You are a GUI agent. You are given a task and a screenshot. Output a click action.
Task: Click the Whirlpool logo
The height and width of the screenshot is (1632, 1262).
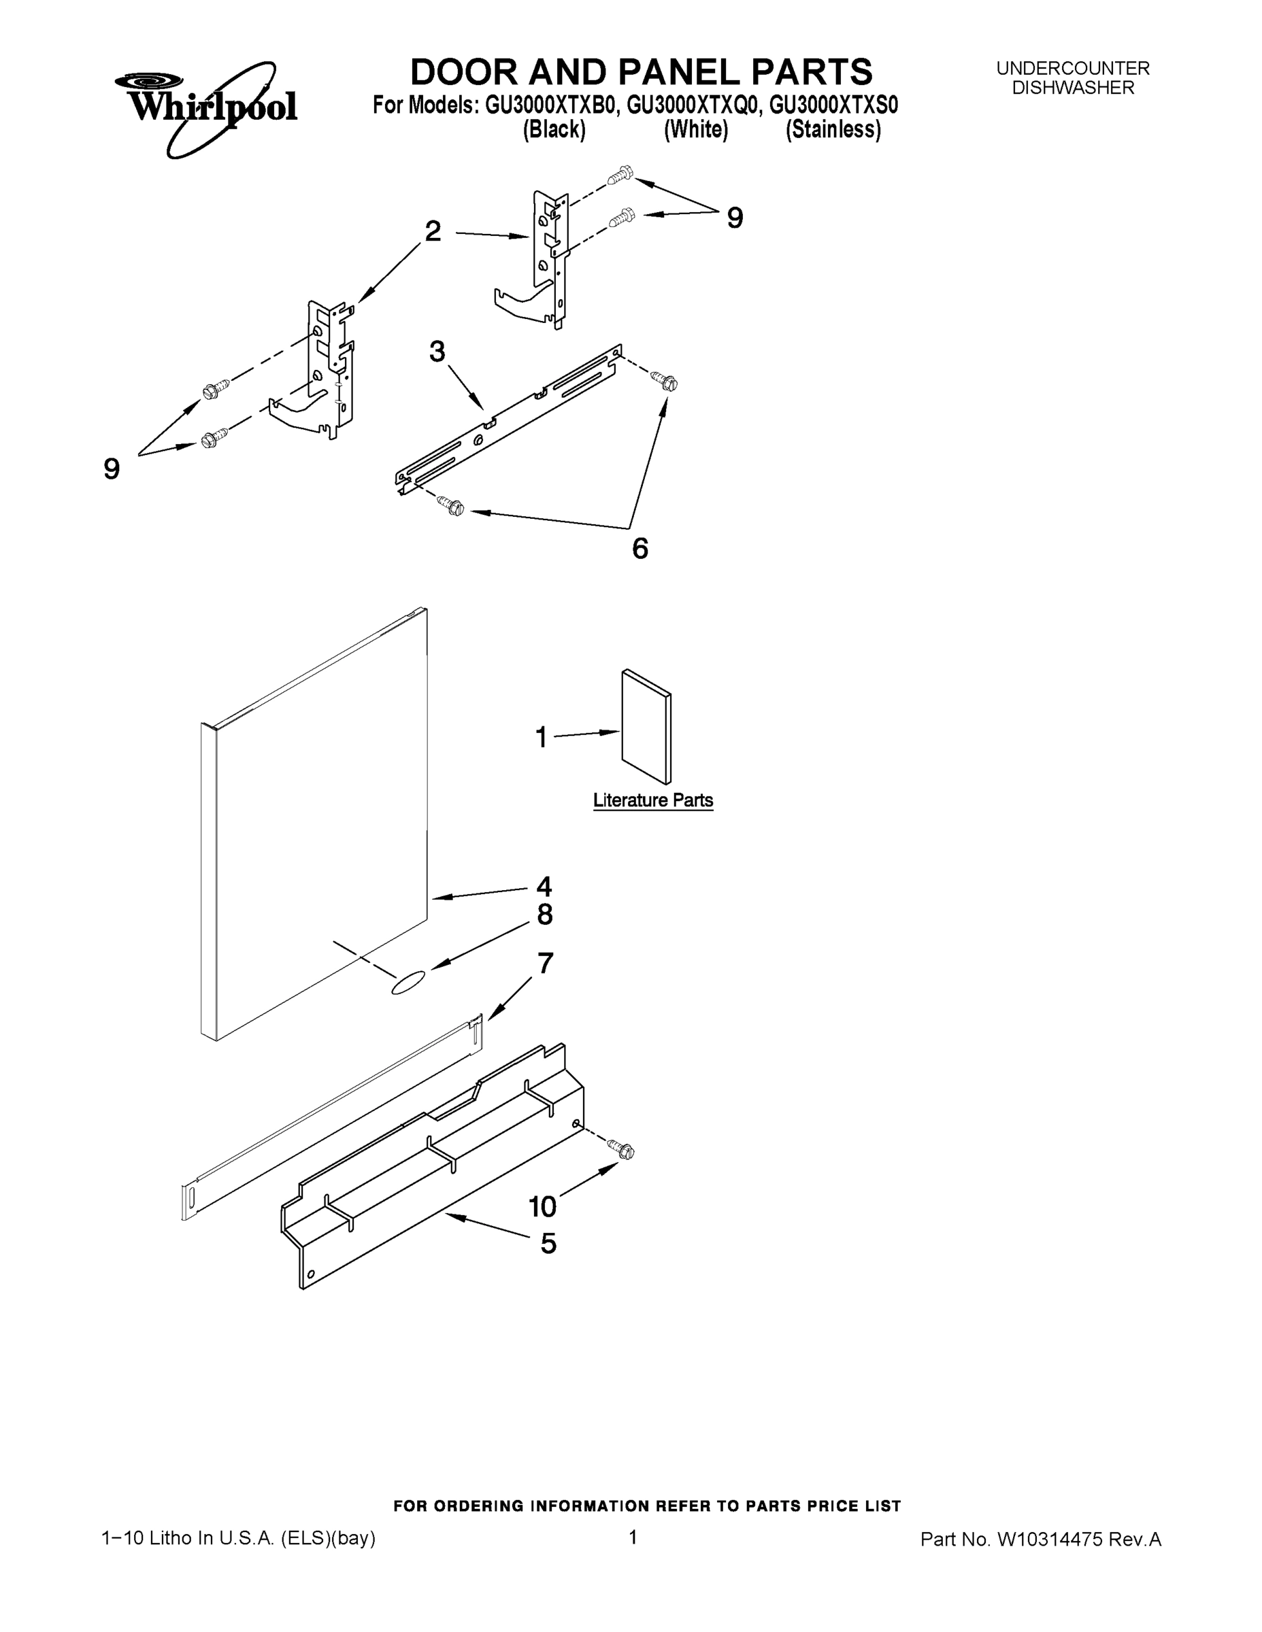[x=205, y=108]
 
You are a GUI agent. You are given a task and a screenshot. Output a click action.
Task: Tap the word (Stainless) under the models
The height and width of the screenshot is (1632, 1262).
[x=832, y=130]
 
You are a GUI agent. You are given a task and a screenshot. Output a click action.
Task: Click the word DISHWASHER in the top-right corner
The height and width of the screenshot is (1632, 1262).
[x=1072, y=88]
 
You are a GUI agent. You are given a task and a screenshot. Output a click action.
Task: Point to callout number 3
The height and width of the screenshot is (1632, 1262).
[x=437, y=351]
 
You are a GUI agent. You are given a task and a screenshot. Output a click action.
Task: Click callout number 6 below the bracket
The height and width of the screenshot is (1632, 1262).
[x=640, y=549]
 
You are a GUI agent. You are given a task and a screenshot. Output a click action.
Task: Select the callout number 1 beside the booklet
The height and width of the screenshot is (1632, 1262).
[x=542, y=738]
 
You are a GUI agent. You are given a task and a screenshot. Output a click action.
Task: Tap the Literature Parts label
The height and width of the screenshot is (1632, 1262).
[x=652, y=800]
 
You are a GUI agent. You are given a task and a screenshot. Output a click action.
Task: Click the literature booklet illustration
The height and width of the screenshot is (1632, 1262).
[x=646, y=726]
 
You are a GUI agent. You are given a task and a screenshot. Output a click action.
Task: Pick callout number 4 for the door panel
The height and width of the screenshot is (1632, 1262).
[x=544, y=886]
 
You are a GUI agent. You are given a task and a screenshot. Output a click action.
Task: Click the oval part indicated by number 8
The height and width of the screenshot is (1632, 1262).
[x=408, y=983]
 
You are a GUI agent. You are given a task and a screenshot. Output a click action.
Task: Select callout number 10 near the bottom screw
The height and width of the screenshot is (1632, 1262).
[x=542, y=1206]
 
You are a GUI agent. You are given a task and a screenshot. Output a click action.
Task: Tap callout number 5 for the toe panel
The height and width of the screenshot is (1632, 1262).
[x=548, y=1244]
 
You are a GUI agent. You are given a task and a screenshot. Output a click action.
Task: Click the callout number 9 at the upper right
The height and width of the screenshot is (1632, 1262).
[x=735, y=218]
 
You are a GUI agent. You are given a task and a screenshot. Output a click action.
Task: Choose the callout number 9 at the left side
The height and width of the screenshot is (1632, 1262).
[x=112, y=469]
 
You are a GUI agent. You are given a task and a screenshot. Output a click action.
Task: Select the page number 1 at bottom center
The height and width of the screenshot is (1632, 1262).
[x=633, y=1537]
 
